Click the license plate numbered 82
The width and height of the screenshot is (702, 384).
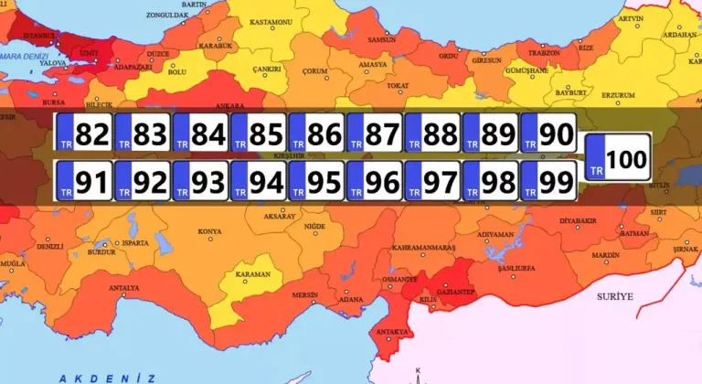pyautogui.click(x=84, y=134)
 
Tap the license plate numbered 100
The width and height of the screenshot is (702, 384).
pyautogui.click(x=617, y=157)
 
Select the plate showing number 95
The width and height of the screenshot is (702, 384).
pyautogui.click(x=317, y=181)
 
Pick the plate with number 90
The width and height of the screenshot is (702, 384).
pyautogui.click(x=549, y=134)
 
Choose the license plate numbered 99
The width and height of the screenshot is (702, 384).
pyautogui.click(x=549, y=181)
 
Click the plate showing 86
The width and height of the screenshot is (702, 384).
pyautogui.click(x=317, y=134)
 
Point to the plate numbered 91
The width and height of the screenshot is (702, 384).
pyautogui.click(x=84, y=181)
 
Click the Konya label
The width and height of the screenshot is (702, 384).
pyautogui.click(x=209, y=231)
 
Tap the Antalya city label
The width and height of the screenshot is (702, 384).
pyautogui.click(x=123, y=288)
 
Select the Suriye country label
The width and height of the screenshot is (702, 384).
pyautogui.click(x=614, y=297)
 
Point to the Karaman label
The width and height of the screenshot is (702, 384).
pyautogui.click(x=253, y=274)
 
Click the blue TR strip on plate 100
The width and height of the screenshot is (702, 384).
pyautogui.click(x=595, y=157)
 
